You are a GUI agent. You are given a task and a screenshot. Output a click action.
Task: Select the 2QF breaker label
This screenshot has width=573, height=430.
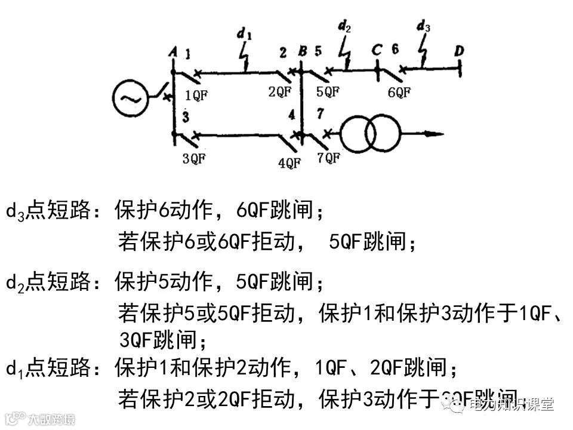[279, 91]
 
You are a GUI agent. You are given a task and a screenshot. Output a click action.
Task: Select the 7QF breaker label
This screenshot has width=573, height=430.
[328, 158]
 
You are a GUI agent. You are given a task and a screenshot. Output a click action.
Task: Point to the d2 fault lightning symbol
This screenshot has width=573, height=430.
[345, 51]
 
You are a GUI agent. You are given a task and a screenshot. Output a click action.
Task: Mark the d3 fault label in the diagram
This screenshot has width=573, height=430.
[424, 26]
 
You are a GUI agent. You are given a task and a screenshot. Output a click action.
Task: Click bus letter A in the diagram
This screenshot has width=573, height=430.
[172, 53]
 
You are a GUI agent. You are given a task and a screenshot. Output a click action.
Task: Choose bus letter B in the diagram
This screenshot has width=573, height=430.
[303, 53]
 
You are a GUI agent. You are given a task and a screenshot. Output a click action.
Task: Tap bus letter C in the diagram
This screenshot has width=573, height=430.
[377, 50]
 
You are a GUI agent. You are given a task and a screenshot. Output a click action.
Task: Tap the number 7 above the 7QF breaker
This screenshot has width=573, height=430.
[320, 113]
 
